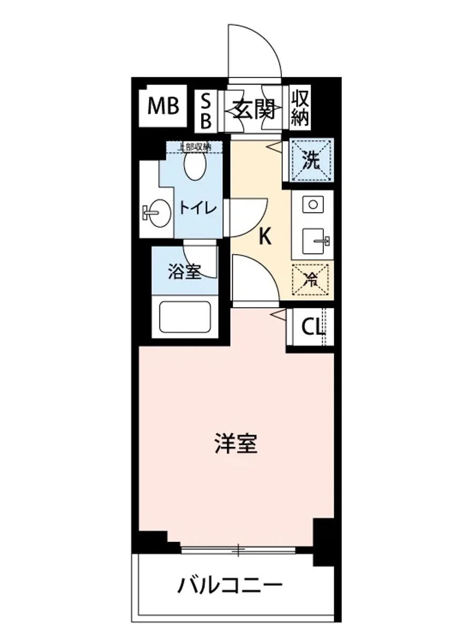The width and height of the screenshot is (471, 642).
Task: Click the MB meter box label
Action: coord(163,107)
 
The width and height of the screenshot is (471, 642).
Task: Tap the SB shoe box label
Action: coord(206,111)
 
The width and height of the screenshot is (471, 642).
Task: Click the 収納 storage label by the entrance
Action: coord(300,109)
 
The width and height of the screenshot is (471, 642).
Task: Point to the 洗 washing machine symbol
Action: coord(312,160)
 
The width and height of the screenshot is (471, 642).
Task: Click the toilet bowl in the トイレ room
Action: coord(195,165)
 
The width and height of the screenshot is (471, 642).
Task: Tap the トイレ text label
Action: coord(197,208)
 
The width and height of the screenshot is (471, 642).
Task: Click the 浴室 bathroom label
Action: coord(184,272)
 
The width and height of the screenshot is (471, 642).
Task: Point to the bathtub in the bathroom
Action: coord(185,317)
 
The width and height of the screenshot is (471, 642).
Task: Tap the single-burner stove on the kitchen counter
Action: coord(312,204)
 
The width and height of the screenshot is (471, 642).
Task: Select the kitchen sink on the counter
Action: coord(315,241)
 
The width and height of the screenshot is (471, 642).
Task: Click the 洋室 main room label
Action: coord(236,444)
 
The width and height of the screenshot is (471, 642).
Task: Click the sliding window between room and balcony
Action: coord(238,549)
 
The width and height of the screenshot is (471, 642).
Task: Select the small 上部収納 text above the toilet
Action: coord(194,146)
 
